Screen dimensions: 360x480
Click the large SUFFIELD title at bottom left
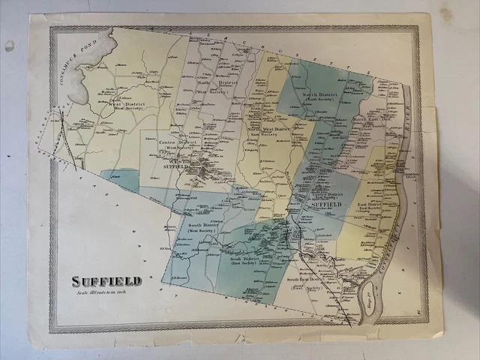click(106, 281)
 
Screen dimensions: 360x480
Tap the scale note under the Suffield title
click(106, 292)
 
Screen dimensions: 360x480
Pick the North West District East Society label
click(268, 131)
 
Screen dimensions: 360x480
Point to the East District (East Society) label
click(370, 205)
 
